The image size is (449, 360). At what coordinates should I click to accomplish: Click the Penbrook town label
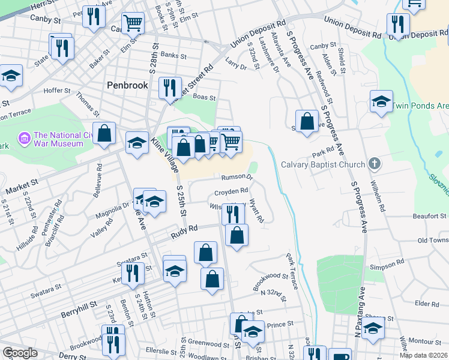(x=127, y=85)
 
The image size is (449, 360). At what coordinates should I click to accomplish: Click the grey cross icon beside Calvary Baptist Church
(x=375, y=163)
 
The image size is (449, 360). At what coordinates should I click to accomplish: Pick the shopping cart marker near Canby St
(x=133, y=24)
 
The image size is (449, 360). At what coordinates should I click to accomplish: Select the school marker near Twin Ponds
(x=381, y=101)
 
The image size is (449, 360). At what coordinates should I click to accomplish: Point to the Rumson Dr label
(x=237, y=177)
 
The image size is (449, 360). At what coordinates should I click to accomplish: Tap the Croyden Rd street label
(x=232, y=192)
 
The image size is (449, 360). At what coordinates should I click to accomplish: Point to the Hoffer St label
(x=58, y=91)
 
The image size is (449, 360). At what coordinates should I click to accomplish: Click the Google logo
(x=20, y=353)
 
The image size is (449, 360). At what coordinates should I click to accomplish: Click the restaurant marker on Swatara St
(x=133, y=274)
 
